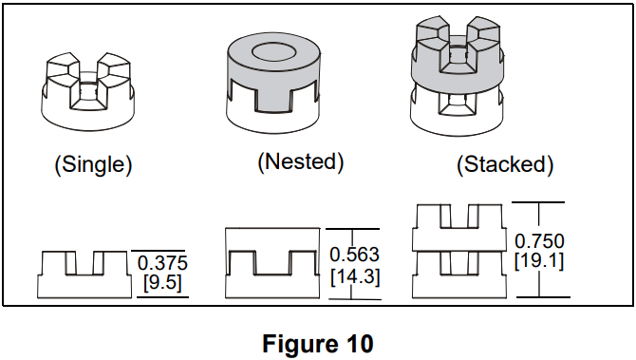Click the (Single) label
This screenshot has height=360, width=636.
click(x=92, y=163)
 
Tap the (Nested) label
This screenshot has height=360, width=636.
click(x=300, y=161)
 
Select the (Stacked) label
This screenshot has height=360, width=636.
click(x=504, y=163)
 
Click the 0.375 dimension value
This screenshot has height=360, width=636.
click(x=162, y=263)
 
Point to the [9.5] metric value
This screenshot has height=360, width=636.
click(x=162, y=282)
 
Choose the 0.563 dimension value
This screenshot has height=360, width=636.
click(x=354, y=256)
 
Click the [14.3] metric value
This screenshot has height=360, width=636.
click(x=354, y=276)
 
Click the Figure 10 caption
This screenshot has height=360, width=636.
click(x=317, y=343)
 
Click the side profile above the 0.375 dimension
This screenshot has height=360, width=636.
click(x=83, y=275)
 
